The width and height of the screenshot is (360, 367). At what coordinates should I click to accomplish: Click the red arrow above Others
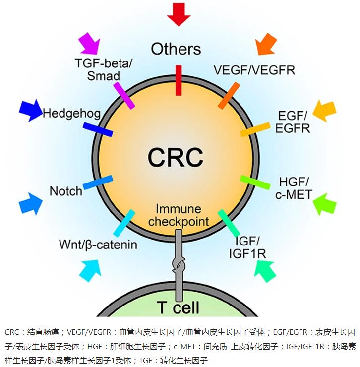click(x=178, y=13)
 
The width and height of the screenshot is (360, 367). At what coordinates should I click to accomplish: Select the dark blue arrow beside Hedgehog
click(x=31, y=110)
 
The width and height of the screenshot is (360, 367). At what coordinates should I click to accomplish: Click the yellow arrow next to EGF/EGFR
click(x=325, y=110)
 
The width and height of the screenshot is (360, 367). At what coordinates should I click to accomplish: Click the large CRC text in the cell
click(x=176, y=157)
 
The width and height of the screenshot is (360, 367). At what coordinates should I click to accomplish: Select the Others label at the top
click(x=176, y=49)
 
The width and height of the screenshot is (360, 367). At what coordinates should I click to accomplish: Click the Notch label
click(x=66, y=191)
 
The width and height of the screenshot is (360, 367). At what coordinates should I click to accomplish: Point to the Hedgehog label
click(x=71, y=114)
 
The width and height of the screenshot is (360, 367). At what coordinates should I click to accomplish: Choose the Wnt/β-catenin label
click(x=98, y=245)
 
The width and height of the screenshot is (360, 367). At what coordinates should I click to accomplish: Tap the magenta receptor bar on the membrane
click(x=123, y=95)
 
